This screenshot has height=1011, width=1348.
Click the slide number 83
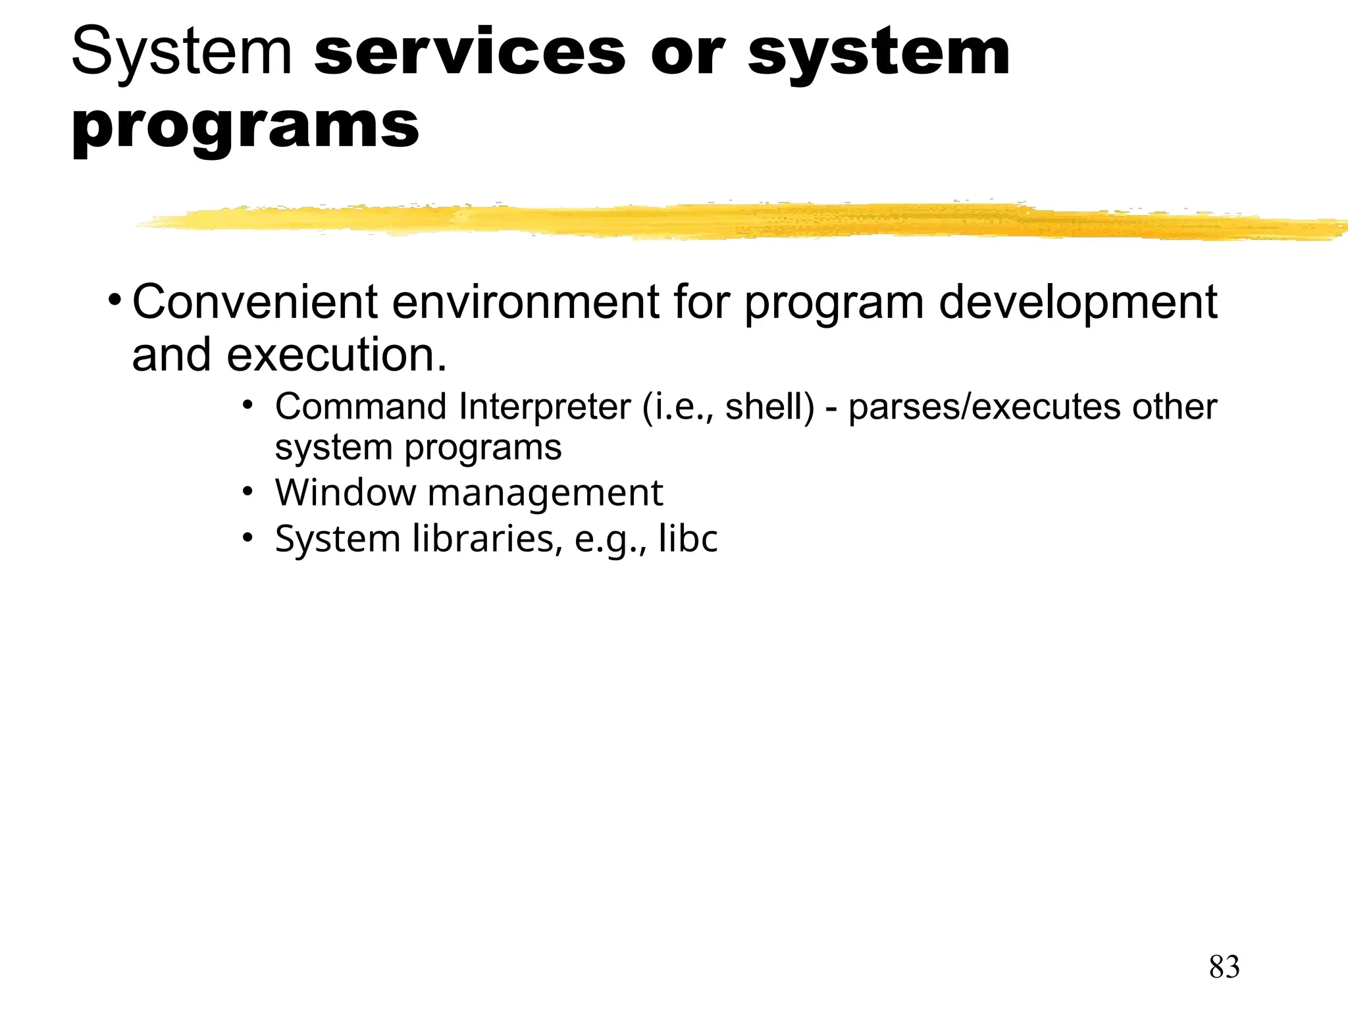[x=1224, y=967]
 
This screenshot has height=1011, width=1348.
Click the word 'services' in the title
[x=470, y=52]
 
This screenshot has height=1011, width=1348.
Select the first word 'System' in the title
[x=182, y=52]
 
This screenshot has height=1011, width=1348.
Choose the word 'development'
[x=1077, y=302]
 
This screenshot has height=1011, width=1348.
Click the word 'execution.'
[x=336, y=355]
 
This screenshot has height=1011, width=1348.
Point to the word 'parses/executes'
[x=985, y=406]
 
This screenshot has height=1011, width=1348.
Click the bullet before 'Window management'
[x=247, y=492]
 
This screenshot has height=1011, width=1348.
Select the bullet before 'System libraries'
[x=247, y=538]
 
